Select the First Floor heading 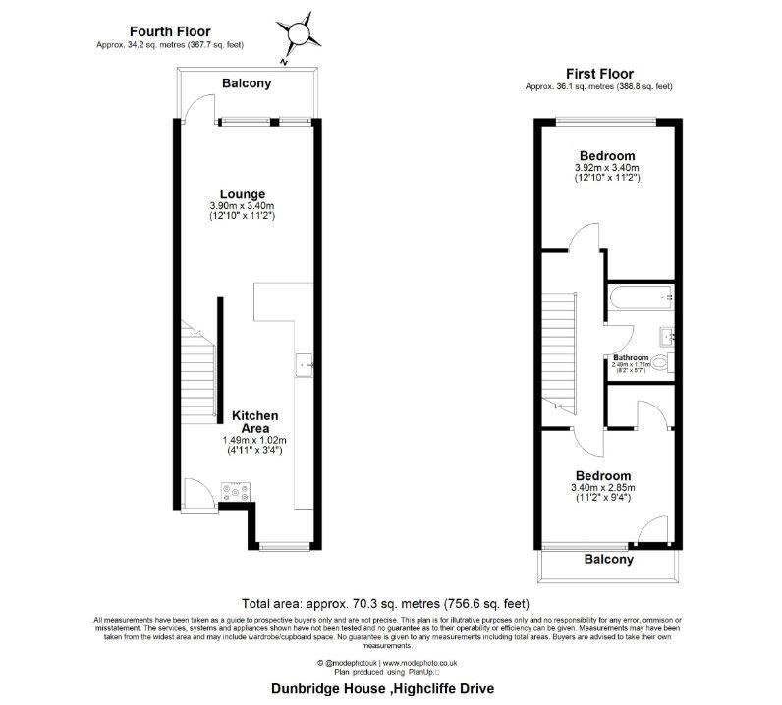point(598,74)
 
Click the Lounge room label point(242,193)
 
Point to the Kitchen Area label point(254,422)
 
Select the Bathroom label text point(631,357)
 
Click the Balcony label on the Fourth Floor point(246,83)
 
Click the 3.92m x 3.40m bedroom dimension point(606,168)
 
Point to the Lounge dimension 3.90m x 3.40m point(242,205)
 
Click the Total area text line point(390,603)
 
